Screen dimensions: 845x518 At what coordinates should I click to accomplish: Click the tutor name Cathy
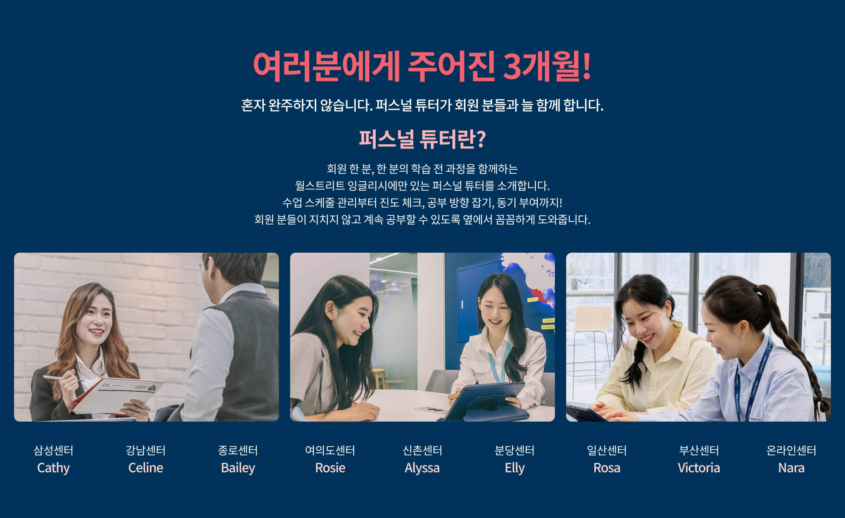click(x=54, y=468)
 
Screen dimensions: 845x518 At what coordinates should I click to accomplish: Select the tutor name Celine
click(x=146, y=468)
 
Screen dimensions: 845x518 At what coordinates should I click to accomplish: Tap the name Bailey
click(x=238, y=468)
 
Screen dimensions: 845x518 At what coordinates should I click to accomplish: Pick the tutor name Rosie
click(x=330, y=468)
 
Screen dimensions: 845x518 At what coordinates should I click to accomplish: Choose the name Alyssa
click(x=422, y=468)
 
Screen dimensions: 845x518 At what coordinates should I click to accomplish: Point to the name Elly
click(x=515, y=468)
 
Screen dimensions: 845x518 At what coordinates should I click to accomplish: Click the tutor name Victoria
click(x=699, y=468)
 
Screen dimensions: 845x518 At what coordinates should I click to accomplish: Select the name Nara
click(x=791, y=468)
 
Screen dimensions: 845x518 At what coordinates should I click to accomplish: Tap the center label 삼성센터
click(x=54, y=450)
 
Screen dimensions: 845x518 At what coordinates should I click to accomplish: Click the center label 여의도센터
click(x=330, y=450)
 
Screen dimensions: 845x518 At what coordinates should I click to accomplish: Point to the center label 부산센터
click(x=699, y=450)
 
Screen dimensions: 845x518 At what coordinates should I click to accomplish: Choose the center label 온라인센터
click(x=791, y=450)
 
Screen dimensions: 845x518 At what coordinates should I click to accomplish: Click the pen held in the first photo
click(x=62, y=378)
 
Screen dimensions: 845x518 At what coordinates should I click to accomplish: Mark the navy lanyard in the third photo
click(x=753, y=380)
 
